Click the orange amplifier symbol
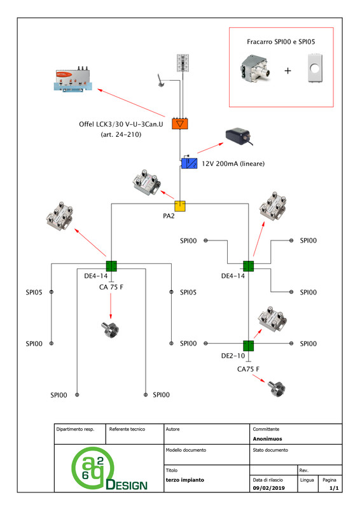click(180, 123)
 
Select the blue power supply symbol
click(189, 163)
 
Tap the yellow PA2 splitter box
click(180, 206)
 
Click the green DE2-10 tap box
click(248, 345)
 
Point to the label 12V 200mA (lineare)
click(233, 164)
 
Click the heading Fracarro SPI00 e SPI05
click(280, 41)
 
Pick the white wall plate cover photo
click(315, 69)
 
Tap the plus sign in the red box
click(287, 71)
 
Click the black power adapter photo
click(240, 137)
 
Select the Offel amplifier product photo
click(73, 80)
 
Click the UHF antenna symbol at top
click(183, 63)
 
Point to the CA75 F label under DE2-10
click(248, 369)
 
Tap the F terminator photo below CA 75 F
click(111, 329)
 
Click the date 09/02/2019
click(269, 488)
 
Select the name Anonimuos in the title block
click(268, 439)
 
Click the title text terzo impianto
click(185, 480)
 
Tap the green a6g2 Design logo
click(109, 468)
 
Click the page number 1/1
click(334, 488)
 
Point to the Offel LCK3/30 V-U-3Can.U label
click(121, 124)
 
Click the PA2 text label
click(169, 216)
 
